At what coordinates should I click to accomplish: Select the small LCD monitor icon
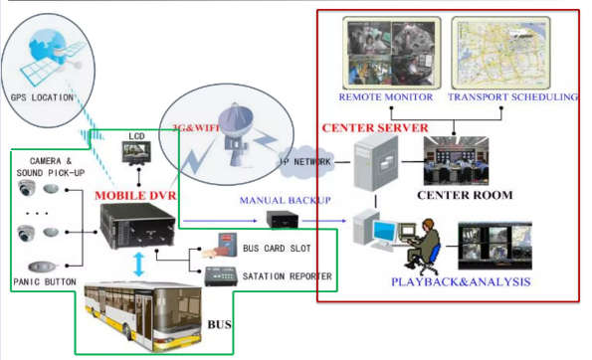[x=134, y=152]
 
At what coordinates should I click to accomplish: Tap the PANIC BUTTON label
[x=44, y=282]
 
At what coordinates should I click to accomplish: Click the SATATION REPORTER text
[x=286, y=275]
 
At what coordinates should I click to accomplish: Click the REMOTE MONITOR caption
[x=386, y=96]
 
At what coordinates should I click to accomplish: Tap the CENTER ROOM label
[x=465, y=195]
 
